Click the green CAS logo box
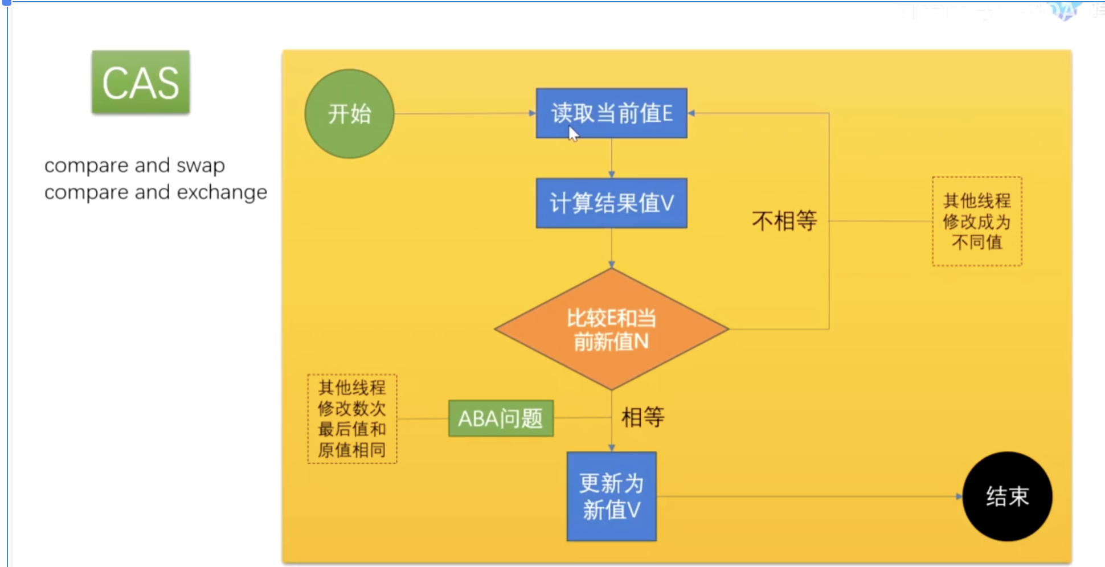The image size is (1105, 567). click(141, 82)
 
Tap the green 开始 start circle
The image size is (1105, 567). click(349, 114)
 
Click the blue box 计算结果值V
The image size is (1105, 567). click(611, 203)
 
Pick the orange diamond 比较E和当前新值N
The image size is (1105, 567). click(611, 329)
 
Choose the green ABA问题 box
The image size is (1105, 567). click(501, 418)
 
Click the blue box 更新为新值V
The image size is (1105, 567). click(611, 496)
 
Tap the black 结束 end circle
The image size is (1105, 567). click(1007, 496)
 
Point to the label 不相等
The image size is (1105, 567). click(784, 221)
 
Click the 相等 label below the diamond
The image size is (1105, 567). click(642, 417)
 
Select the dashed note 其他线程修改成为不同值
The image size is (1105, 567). click(977, 221)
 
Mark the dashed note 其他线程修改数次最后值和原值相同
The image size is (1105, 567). click(352, 419)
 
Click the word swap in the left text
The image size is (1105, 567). click(200, 166)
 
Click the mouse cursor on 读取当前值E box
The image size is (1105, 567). click(572, 133)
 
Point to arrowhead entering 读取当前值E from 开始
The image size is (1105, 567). click(533, 113)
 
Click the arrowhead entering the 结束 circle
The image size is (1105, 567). click(959, 496)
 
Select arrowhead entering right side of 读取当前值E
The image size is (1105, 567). click(691, 113)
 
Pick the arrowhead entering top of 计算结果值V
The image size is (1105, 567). click(611, 175)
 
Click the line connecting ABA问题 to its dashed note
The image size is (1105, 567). click(423, 418)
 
